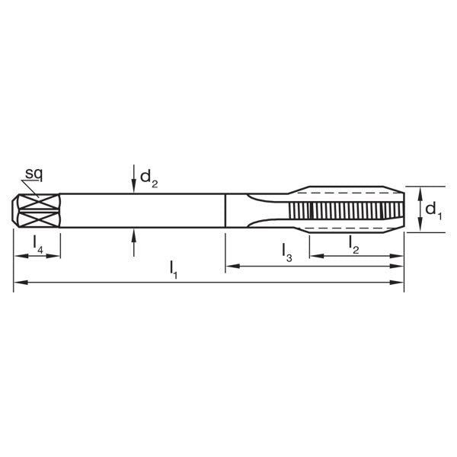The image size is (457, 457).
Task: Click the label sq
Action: pos(32,174)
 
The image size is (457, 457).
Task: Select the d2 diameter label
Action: pos(149,181)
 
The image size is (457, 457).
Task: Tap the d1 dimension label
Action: pos(433,209)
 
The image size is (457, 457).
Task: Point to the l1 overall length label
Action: pos(174,269)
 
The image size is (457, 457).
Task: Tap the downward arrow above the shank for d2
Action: pos(134,180)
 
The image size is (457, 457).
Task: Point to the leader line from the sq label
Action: pos(31,188)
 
